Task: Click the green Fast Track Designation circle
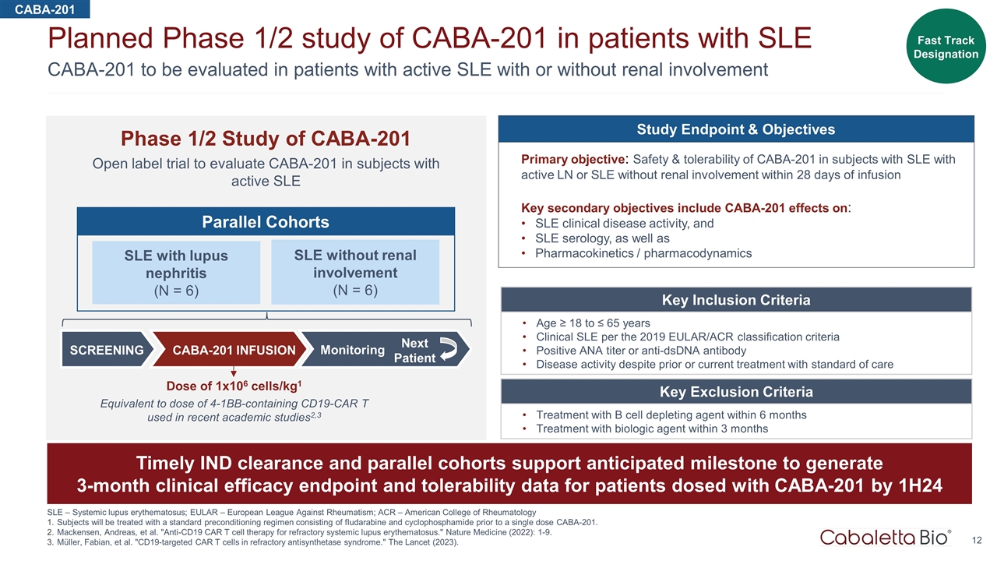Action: coord(946,47)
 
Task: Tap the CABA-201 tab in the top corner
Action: coord(44,9)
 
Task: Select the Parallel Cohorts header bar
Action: coord(265,222)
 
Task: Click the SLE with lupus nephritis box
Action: coord(176,273)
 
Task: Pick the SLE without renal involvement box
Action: coord(355,272)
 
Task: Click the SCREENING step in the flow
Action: coord(106,350)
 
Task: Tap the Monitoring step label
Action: coord(352,350)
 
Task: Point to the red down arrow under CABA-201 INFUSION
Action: coord(233,372)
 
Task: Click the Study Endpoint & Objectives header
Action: coord(736,129)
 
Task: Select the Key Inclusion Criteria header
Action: coord(735,300)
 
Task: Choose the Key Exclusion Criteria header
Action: coord(735,391)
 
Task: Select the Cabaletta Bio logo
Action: coord(886,537)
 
